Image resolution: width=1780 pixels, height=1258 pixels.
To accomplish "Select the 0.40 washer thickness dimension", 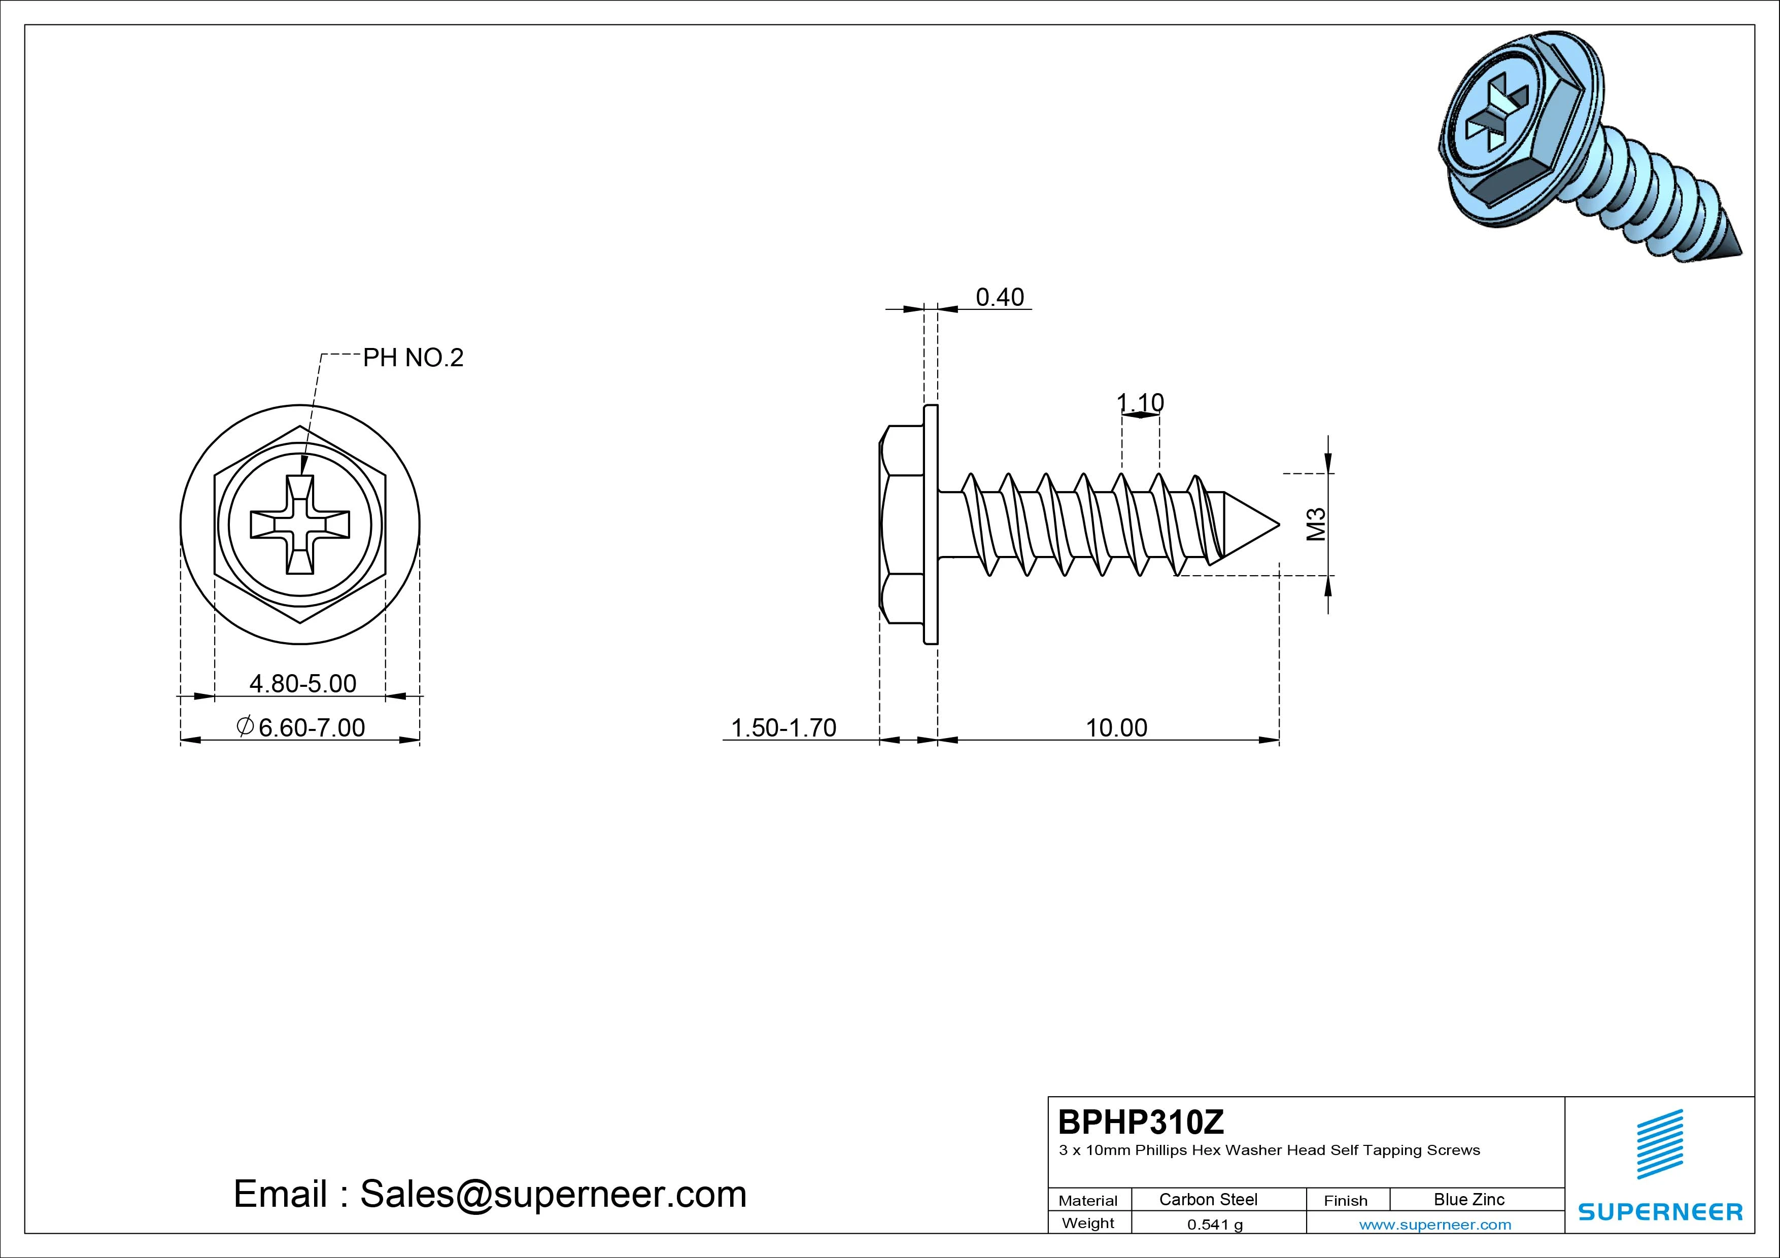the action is pos(999,297).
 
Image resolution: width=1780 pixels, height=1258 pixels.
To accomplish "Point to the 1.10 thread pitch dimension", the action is pos(1141,402).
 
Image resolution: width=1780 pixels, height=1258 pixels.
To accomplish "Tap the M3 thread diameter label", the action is pos(1316,524).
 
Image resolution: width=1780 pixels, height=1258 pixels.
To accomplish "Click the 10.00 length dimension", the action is pos(1116,728).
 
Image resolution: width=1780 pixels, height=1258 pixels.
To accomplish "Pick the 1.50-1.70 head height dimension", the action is pos(784,728).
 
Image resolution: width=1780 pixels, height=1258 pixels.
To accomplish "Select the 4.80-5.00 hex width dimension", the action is pos(302,684).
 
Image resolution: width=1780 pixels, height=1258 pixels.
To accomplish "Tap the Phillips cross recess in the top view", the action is pos(300,525).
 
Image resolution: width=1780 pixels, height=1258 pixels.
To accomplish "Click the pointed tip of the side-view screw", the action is pos(1278,525).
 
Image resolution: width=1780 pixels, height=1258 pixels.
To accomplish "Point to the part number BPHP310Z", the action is pos(1141,1122).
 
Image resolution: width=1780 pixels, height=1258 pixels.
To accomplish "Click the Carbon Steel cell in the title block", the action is pos(1208,1199).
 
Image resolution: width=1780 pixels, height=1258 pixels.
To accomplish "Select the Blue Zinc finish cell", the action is pos(1469,1199).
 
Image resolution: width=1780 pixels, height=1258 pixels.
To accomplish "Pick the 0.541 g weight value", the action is pos(1215,1225).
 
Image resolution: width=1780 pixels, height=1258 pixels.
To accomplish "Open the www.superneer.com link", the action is pos(1435,1225).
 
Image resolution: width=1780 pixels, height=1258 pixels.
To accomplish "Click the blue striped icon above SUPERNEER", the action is pos(1660,1144).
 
